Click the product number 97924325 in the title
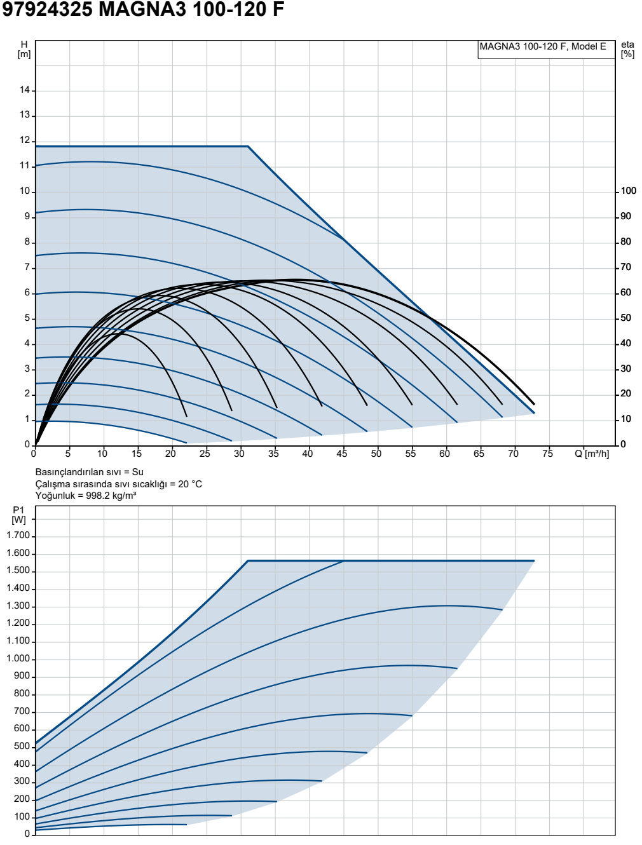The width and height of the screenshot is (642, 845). click(48, 10)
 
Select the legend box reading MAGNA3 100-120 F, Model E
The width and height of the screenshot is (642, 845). click(546, 50)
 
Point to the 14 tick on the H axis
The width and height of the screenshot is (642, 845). click(25, 90)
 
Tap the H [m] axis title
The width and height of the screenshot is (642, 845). click(24, 50)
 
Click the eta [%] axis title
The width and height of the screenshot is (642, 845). click(627, 50)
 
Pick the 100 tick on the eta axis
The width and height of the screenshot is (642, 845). click(628, 191)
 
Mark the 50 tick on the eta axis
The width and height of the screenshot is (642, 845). click(626, 318)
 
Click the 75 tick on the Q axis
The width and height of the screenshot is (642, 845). click(547, 454)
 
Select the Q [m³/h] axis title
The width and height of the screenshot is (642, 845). click(592, 454)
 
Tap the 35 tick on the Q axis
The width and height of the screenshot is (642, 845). click(273, 454)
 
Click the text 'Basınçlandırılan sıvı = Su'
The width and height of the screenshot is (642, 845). click(90, 472)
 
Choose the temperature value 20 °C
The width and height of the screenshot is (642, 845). click(190, 484)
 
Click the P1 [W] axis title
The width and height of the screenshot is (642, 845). click(18, 515)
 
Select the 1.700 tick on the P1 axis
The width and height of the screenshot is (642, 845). click(18, 536)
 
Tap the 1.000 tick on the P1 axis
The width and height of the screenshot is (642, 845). click(18, 659)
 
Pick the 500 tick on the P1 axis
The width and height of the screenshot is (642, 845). click(22, 747)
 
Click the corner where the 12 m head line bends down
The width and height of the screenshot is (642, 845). click(248, 146)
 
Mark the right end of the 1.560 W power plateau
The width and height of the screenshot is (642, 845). click(534, 561)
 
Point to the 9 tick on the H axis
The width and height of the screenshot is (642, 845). click(27, 217)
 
